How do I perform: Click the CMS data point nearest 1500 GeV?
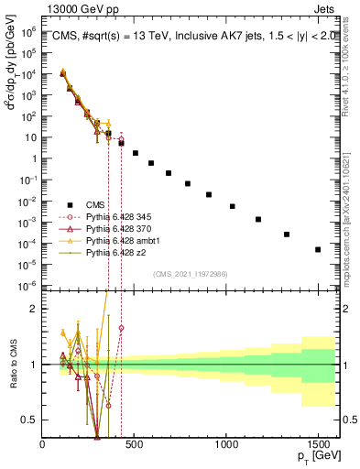click(318, 249)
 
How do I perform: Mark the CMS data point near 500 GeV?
click(136, 153)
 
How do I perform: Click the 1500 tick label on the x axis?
click(318, 443)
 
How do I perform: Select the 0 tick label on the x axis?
click(43, 443)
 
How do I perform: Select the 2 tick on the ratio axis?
click(36, 309)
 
